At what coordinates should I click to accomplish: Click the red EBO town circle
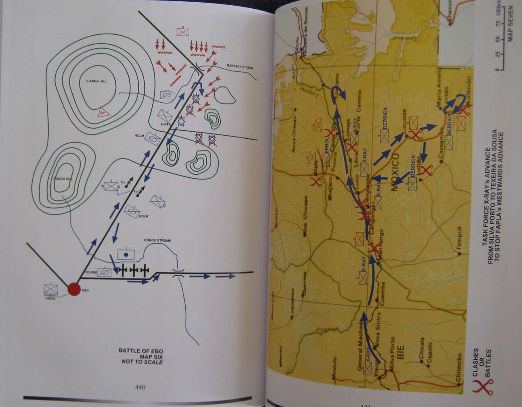click(74, 289)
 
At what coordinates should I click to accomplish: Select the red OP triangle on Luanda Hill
click(103, 112)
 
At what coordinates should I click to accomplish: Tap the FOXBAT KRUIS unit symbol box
click(50, 288)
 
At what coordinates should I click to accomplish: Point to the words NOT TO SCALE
click(141, 362)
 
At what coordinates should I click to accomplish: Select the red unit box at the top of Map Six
click(183, 31)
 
